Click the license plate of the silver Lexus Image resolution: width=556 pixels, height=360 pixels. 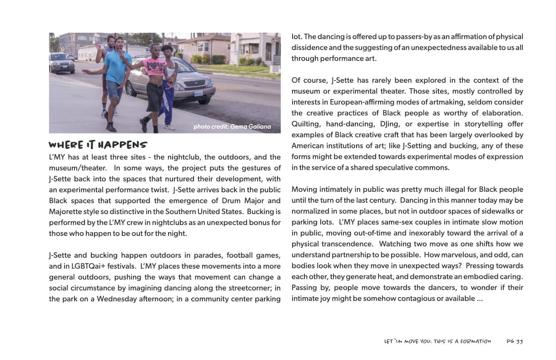tap(199, 94)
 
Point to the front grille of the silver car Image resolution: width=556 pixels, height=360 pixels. tap(200, 83)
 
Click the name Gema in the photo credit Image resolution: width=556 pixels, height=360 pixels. tap(238, 127)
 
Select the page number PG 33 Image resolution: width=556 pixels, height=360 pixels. tap(515, 341)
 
